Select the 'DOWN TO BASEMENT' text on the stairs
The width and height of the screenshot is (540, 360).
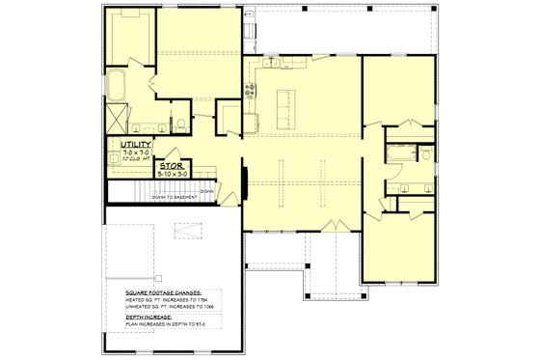tap(173, 197)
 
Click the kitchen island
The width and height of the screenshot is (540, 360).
tap(284, 106)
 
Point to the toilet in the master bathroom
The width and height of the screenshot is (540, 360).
tap(181, 123)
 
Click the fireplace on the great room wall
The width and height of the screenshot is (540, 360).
tap(244, 182)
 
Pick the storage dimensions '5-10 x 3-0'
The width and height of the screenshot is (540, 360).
tap(173, 173)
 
